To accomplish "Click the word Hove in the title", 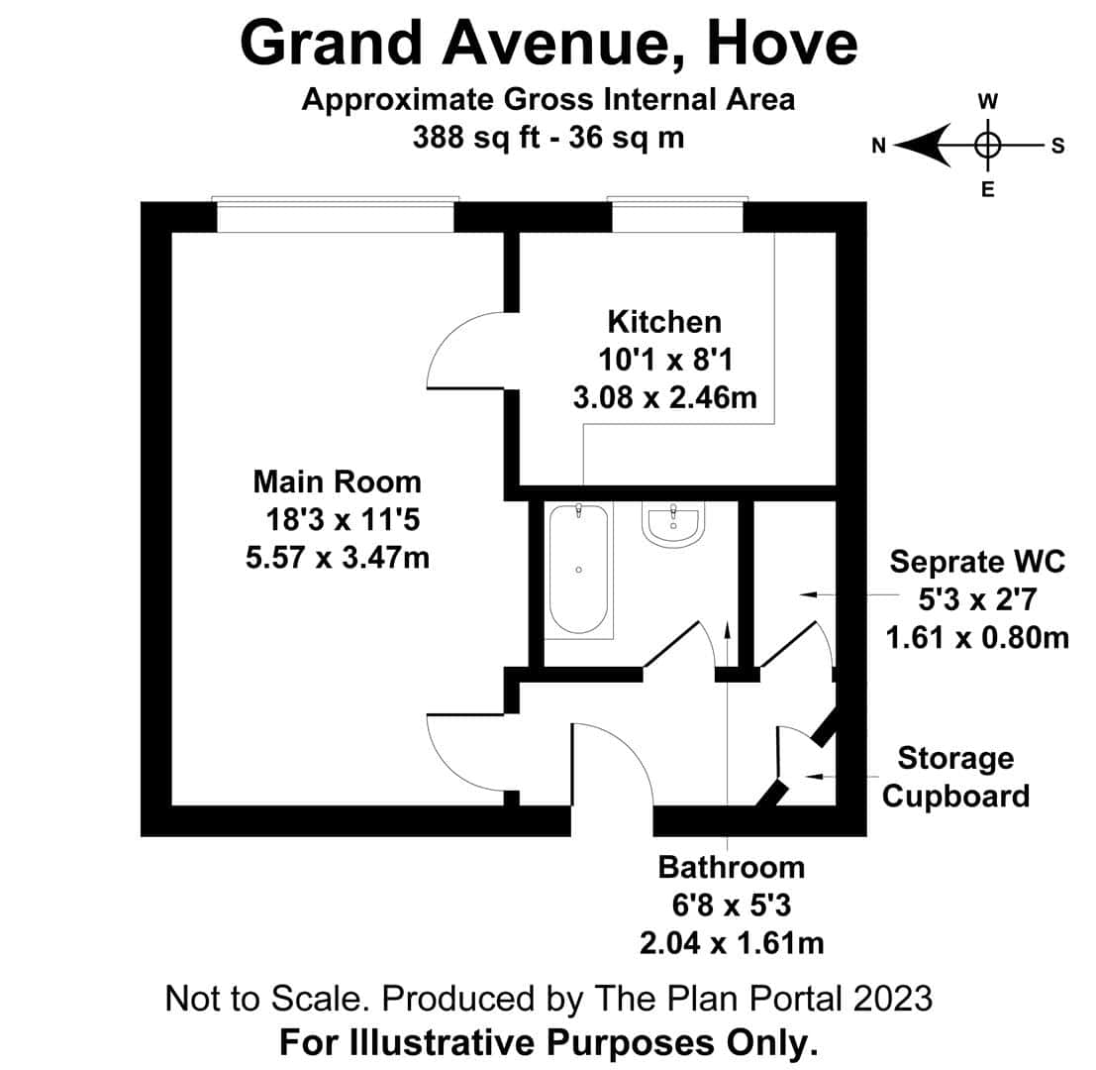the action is coord(782,44).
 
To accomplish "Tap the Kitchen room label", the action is coord(664,322).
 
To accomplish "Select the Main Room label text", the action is coord(337,481).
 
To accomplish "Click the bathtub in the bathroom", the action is coord(579,569).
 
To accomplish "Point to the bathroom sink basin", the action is coord(672,524).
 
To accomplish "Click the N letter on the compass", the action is coord(878,146).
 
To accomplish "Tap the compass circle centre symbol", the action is coord(987,146).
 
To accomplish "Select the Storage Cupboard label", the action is coord(955,777).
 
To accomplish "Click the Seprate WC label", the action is coord(977,562).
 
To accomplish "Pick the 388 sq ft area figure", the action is coord(476,137).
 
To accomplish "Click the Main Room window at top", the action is coord(336,214).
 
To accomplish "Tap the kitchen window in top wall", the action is coord(677,214).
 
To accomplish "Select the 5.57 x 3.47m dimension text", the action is coord(337,558).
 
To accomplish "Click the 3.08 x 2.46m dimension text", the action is coord(664,397).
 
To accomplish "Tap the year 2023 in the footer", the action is coord(892,998).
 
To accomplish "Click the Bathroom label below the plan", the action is coord(731,867).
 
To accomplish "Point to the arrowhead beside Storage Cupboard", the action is coord(813,777).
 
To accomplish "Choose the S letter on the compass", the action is coord(1057,147).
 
